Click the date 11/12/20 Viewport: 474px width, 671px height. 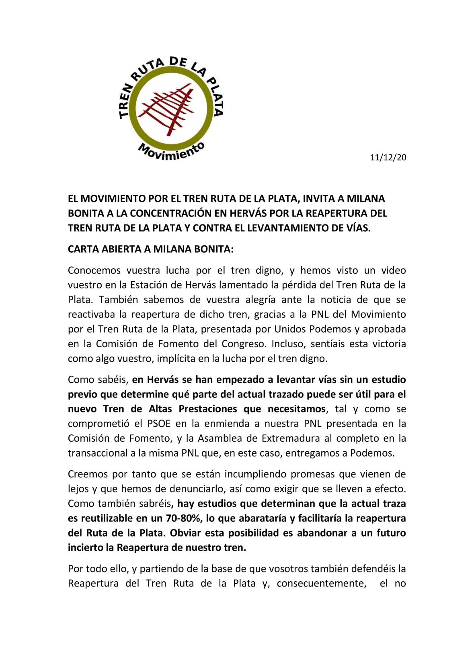coord(388,157)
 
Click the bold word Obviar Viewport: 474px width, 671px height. coord(185,533)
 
